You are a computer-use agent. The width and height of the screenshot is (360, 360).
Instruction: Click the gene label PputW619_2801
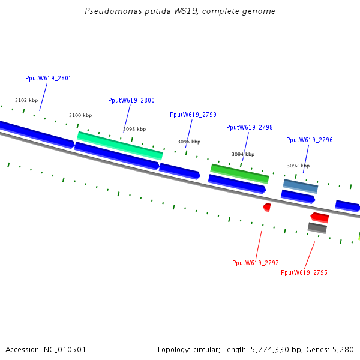pos(48,79)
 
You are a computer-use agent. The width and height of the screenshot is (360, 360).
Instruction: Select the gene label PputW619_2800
pos(131,101)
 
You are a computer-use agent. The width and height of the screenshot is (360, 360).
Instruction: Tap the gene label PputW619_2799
pos(193,115)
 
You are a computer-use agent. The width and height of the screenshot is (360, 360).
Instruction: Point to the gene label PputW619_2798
pos(249,127)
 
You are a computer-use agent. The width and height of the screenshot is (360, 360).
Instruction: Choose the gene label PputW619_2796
pos(309,140)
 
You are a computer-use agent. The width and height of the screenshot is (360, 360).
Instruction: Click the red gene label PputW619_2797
pos(255,263)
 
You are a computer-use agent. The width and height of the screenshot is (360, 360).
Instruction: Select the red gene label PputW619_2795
pos(304,272)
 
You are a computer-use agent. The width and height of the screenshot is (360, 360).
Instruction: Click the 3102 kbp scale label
pos(26,101)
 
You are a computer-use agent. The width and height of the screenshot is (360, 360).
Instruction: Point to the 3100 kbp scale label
pos(80,115)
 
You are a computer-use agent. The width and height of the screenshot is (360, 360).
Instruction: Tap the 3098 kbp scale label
pos(134,129)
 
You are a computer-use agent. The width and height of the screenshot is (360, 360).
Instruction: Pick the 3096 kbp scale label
pos(189,142)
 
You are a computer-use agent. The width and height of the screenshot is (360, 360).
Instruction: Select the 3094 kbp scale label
pos(243,154)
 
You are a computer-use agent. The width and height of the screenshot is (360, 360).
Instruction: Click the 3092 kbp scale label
pos(298,166)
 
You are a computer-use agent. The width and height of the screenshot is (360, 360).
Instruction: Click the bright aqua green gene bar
pos(120,146)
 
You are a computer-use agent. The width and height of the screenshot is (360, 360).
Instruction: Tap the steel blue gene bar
pos(300,186)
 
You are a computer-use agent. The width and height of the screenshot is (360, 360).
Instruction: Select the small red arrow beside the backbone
pos(267,207)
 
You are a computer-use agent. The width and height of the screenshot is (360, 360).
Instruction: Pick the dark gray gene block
pos(317,227)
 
